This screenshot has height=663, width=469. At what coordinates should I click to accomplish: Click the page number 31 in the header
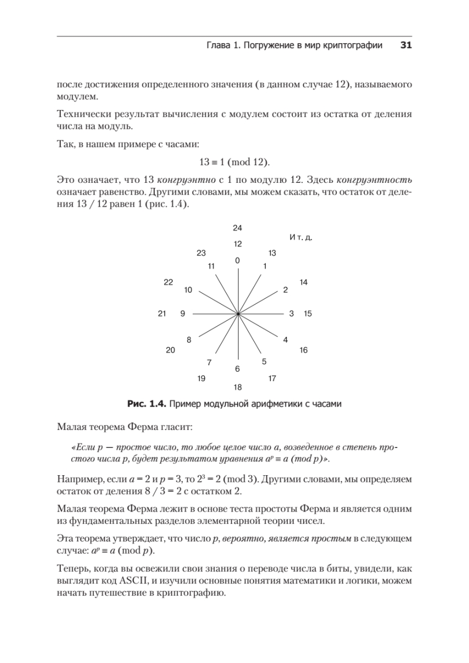tap(405, 46)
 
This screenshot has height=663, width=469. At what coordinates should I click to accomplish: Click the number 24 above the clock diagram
tap(238, 228)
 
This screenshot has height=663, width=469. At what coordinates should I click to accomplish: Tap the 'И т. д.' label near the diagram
tap(301, 237)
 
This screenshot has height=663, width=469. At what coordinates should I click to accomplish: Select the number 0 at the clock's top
tap(238, 260)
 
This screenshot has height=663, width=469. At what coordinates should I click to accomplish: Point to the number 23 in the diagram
tap(201, 253)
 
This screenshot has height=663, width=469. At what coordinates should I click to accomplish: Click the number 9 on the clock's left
tap(182, 314)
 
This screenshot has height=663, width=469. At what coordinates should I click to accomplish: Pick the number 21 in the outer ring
tap(162, 314)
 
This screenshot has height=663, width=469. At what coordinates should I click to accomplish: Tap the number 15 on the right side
tap(308, 314)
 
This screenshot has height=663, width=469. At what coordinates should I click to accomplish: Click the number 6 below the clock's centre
tap(238, 369)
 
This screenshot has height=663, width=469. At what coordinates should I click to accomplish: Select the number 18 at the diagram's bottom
tap(238, 387)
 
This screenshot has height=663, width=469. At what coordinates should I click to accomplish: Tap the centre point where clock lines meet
tap(238, 314)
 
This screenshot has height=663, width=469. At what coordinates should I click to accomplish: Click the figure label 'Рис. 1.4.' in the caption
tap(147, 404)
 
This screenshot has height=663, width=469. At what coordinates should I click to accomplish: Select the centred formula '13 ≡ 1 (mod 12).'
tap(234, 162)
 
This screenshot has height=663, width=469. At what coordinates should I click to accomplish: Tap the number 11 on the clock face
tap(211, 266)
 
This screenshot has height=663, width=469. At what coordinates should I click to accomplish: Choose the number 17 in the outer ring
tap(272, 378)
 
